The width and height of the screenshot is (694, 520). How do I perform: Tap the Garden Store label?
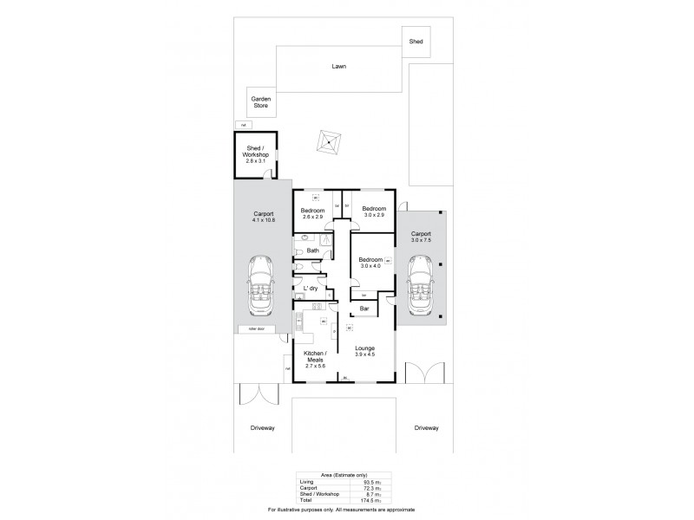[260, 102]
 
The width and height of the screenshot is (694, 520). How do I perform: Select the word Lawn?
[338, 66]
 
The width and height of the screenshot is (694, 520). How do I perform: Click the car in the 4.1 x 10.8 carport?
[261, 285]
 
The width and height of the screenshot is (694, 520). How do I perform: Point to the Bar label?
[364, 308]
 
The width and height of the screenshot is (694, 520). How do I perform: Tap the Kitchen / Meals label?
[313, 358]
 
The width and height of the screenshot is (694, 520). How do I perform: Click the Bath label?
[312, 251]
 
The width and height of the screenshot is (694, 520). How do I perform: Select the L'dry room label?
[309, 289]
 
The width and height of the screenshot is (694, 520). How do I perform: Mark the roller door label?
[255, 329]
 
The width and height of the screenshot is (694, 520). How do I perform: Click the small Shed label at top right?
[416, 40]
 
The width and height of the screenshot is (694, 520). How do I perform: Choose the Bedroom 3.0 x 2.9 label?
[373, 211]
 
